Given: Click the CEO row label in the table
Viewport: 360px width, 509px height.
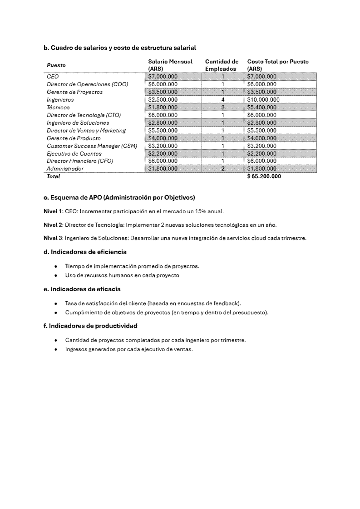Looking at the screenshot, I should point(53,77).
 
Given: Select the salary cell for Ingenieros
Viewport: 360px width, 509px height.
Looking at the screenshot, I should point(163,100).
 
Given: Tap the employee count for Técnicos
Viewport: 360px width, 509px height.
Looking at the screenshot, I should point(223,108).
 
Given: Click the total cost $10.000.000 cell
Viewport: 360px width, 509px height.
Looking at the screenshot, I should point(263,100).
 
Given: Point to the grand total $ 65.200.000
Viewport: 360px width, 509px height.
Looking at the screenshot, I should point(264,176).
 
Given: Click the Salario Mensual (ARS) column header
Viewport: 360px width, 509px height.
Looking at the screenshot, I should point(170,65).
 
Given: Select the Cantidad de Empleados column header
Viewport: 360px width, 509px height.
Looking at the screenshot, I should point(222,65).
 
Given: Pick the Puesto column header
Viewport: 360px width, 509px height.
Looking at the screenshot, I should point(56,65).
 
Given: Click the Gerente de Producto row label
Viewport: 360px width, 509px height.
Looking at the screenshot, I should point(74,138).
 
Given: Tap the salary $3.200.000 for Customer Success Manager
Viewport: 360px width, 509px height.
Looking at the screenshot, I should point(163,146).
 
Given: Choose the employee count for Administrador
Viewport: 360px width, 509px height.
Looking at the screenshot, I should point(223,169).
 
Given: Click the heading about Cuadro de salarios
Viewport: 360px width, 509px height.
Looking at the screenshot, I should point(120,48).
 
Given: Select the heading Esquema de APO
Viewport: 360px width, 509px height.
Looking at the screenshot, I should point(119,198).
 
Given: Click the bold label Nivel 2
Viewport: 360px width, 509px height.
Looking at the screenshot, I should point(53,225).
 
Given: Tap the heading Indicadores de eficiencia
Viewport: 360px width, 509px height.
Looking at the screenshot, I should point(85,252).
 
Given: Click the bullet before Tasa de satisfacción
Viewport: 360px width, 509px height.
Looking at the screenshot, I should point(55,303).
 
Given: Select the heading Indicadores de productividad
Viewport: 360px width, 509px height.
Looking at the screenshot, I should point(90,326).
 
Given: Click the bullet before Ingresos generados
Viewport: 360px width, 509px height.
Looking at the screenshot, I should point(55,349).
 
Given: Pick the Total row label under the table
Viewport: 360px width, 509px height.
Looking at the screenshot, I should point(53,176).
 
